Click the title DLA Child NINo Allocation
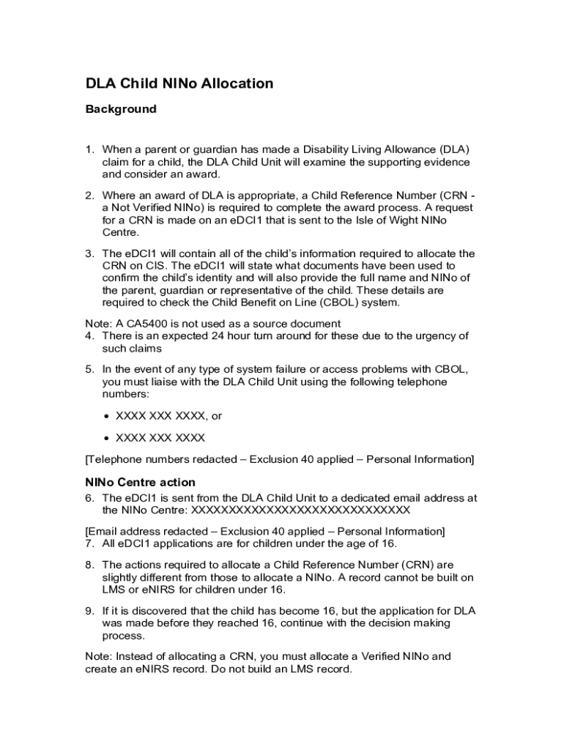[179, 83]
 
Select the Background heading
[121, 109]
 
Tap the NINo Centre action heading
[140, 482]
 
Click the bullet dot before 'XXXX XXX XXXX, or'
[107, 416]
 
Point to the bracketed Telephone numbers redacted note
[280, 459]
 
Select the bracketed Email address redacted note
[265, 531]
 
